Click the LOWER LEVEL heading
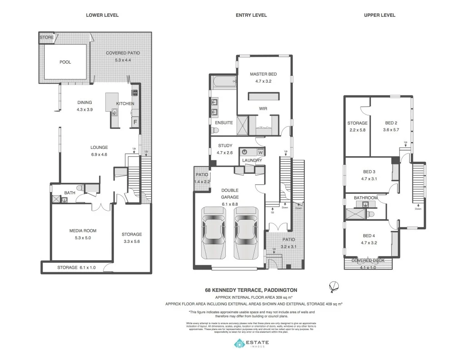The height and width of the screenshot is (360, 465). point(102,15)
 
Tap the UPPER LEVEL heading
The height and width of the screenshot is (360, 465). point(379,15)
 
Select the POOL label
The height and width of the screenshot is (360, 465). point(65,62)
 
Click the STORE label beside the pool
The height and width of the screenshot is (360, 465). point(46,37)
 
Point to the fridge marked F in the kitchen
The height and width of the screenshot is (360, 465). point(135,122)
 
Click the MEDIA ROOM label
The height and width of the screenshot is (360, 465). point(83,231)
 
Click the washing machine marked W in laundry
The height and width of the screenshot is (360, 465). point(260,153)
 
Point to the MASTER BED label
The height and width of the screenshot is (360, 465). point(263,74)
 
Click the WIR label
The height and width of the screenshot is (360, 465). point(263,108)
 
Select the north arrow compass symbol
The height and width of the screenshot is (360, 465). point(334,286)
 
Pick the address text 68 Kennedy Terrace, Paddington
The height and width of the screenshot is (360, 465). point(251,290)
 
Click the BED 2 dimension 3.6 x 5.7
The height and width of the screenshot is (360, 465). point(391,130)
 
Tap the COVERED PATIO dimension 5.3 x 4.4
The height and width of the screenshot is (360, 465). point(123,60)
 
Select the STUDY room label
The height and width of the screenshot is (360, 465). point(225,146)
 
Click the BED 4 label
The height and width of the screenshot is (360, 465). point(369,236)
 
